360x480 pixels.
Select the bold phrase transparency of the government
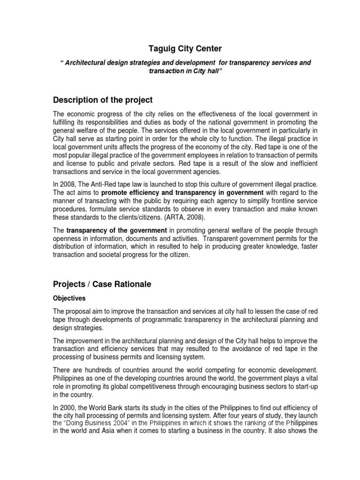(117, 230)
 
